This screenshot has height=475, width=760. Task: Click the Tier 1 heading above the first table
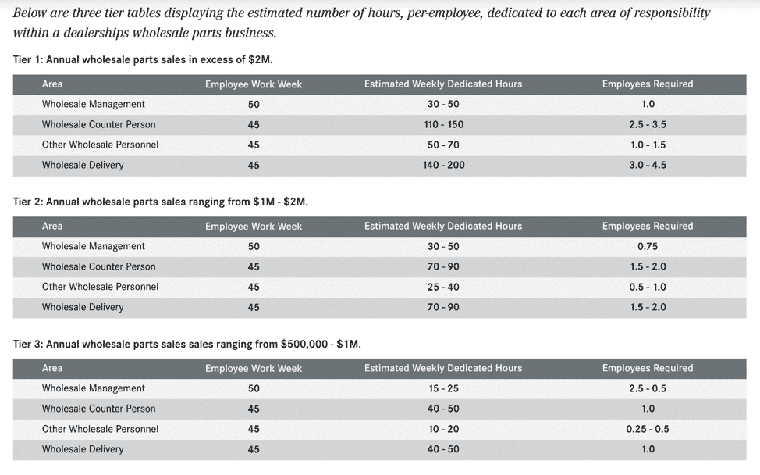click(143, 59)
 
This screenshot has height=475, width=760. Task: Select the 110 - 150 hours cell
click(443, 125)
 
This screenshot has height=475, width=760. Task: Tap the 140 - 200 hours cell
click(443, 165)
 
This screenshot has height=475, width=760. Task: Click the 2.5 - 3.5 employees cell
click(648, 125)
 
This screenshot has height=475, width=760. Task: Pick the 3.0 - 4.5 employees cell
click(648, 165)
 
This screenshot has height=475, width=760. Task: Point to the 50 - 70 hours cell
click(443, 145)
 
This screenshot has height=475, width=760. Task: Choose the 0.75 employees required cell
click(648, 246)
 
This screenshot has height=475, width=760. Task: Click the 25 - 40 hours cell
click(443, 287)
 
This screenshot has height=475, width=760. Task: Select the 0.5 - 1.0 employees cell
click(648, 287)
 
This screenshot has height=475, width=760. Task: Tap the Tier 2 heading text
click(161, 202)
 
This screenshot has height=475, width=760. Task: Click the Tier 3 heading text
click(187, 344)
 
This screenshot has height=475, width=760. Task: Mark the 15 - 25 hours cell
click(443, 388)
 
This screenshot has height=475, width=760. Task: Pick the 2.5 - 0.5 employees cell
click(648, 388)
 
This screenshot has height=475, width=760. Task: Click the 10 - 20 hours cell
click(443, 429)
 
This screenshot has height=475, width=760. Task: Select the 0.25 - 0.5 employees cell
click(648, 429)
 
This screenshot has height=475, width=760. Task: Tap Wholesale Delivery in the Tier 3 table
click(83, 449)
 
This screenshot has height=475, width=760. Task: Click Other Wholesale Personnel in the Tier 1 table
click(101, 145)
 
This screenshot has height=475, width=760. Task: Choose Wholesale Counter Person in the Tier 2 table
click(99, 266)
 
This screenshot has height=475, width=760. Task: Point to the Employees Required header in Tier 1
click(648, 84)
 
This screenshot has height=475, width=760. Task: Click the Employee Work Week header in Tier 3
click(254, 368)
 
